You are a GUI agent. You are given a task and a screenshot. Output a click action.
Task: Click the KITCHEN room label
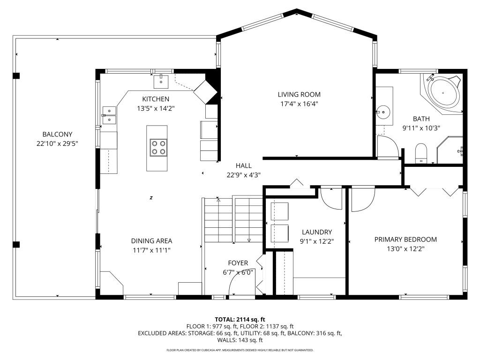156,99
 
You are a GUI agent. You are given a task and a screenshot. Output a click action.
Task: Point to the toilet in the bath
421,153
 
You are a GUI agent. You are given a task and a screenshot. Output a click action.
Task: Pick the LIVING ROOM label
299,95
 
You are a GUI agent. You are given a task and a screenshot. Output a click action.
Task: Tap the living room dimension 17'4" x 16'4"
299,104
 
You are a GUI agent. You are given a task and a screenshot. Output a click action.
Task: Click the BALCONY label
57,135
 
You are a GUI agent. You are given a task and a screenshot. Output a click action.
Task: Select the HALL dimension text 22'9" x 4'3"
243,175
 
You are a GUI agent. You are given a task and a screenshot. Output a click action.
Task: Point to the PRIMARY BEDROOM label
405,240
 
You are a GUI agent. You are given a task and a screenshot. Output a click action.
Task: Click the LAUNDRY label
317,232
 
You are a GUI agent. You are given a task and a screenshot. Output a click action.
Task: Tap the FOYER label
238,263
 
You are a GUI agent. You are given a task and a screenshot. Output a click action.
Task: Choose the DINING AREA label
151,241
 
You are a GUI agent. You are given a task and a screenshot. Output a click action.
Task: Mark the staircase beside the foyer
233,220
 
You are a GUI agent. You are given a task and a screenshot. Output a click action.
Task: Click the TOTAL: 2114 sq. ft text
240,319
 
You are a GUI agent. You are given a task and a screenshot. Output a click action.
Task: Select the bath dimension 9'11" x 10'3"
421,127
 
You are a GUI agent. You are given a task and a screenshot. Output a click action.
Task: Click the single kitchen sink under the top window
162,81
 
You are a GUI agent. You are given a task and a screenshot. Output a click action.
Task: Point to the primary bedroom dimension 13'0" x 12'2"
405,249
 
